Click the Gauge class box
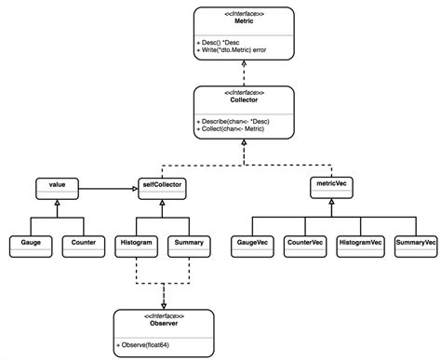(31, 244)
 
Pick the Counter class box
(84, 244)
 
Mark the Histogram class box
(136, 244)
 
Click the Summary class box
(188, 244)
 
